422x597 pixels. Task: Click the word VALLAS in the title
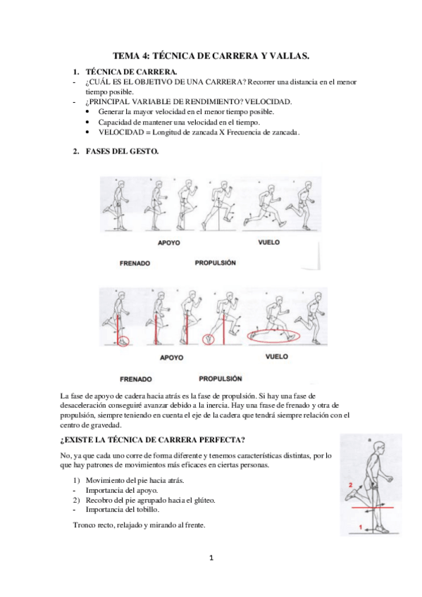[289, 56]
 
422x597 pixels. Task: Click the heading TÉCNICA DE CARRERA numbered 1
[132, 72]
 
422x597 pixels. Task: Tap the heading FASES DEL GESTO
[123, 151]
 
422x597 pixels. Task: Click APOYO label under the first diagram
[168, 242]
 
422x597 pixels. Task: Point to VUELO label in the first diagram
[269, 242]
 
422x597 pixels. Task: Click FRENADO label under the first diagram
[135, 263]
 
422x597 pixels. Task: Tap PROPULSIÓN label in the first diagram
[216, 263]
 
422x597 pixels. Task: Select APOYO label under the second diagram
[171, 358]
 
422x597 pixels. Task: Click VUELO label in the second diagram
[277, 356]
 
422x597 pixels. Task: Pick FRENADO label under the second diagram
[136, 379]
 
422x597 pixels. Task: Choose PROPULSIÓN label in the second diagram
[221, 379]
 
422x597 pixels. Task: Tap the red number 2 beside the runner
[350, 485]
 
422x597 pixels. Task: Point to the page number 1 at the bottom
[211, 558]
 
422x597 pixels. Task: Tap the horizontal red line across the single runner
[372, 508]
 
